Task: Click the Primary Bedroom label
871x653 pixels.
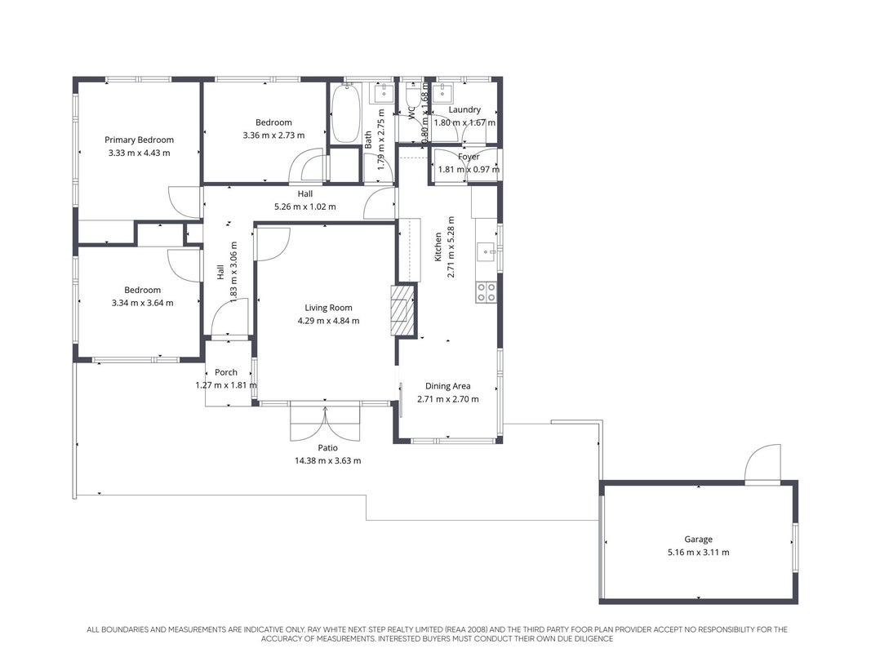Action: [x=139, y=140]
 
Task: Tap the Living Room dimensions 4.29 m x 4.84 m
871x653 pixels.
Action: [x=328, y=321]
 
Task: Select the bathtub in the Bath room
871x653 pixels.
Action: [x=345, y=113]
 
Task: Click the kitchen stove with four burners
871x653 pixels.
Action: [x=486, y=293]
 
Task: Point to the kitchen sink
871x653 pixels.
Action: [x=487, y=251]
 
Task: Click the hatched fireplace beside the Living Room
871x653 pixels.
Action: [x=402, y=310]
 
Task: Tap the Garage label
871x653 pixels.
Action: [x=698, y=540]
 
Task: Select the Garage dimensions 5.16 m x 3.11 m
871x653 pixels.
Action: [x=698, y=552]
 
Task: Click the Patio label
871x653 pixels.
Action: [x=327, y=447]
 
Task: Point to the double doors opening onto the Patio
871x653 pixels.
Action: [x=325, y=423]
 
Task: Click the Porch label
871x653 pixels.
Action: [x=226, y=372]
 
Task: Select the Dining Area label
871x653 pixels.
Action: [x=447, y=386]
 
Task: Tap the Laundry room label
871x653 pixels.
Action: [x=464, y=110]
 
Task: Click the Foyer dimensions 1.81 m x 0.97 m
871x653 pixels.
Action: [x=469, y=169]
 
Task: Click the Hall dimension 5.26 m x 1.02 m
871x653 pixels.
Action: [x=305, y=207]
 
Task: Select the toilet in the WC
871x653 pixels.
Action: [x=412, y=94]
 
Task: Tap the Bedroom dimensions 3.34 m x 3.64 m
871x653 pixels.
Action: [x=142, y=303]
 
